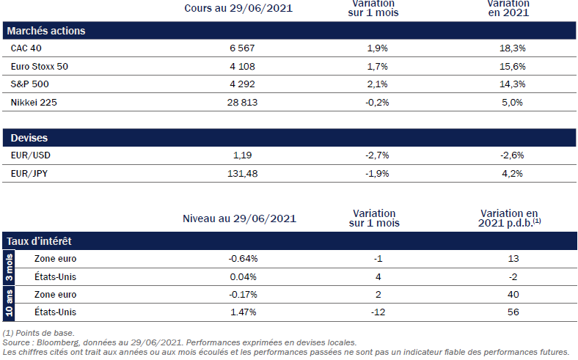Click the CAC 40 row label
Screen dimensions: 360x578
coord(26,48)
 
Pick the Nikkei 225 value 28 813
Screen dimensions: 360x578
coord(240,103)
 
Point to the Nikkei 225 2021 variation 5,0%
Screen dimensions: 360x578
coord(512,103)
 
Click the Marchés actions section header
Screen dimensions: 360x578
coord(45,31)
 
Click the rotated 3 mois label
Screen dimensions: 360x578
coord(10,268)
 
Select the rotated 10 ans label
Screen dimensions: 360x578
coord(10,303)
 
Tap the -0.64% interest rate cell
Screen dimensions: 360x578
coord(243,259)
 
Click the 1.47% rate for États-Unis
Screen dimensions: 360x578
coord(243,312)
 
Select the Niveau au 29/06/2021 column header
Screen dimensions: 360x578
coord(239,218)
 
